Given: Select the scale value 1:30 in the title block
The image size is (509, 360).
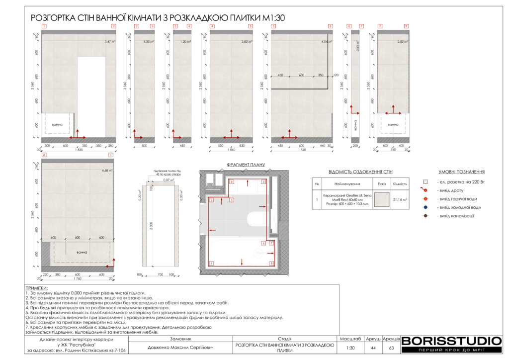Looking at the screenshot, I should pyautogui.click(x=351, y=348).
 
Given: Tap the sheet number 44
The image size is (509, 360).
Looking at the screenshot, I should pyautogui.click(x=373, y=348).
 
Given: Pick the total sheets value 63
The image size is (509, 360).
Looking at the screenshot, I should pyautogui.click(x=391, y=348).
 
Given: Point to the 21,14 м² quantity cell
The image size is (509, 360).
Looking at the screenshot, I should pyautogui.click(x=400, y=199).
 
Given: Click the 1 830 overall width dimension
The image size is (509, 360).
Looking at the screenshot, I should pyautogui.click(x=79, y=149).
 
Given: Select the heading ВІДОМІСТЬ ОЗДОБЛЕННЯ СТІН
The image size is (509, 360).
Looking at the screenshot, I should pyautogui.click(x=360, y=172).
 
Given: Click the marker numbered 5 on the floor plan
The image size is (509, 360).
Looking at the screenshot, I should pyautogui.click(x=264, y=182).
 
